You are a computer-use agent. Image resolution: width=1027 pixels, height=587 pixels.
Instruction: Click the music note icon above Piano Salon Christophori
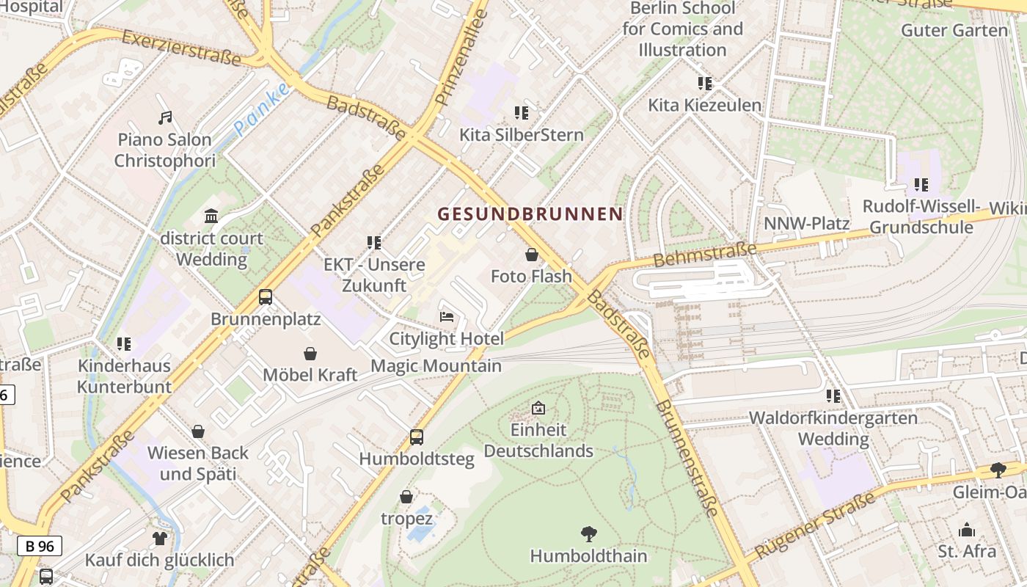click(165, 117)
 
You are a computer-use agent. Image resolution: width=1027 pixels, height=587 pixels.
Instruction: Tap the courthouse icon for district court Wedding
click(211, 216)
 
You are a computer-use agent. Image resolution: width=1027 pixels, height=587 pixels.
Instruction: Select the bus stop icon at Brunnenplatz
click(266, 297)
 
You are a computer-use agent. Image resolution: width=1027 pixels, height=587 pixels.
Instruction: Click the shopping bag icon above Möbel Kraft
click(310, 354)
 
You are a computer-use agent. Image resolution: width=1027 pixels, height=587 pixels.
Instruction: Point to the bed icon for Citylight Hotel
click(447, 317)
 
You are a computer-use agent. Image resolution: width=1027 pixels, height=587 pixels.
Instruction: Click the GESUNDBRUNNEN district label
click(530, 214)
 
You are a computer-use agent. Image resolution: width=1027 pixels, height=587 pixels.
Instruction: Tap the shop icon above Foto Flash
click(531, 255)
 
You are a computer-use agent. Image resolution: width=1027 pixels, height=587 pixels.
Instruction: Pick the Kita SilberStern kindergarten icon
click(522, 113)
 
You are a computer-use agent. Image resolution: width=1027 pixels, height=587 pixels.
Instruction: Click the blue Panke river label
click(262, 109)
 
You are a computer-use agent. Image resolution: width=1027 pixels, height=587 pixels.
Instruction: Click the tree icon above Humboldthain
click(588, 533)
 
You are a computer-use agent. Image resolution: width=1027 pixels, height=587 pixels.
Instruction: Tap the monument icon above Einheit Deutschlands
click(538, 407)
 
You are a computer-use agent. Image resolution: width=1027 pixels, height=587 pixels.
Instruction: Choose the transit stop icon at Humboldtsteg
click(417, 437)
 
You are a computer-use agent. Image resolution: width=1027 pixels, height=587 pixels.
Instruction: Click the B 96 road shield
click(40, 546)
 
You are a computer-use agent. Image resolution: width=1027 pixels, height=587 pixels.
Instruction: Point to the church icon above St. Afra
click(967, 530)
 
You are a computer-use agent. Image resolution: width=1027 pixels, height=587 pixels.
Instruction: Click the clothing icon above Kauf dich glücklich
click(160, 539)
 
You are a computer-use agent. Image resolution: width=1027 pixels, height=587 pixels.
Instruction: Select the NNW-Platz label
click(807, 223)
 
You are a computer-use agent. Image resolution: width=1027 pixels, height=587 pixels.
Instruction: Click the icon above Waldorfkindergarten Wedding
click(833, 396)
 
